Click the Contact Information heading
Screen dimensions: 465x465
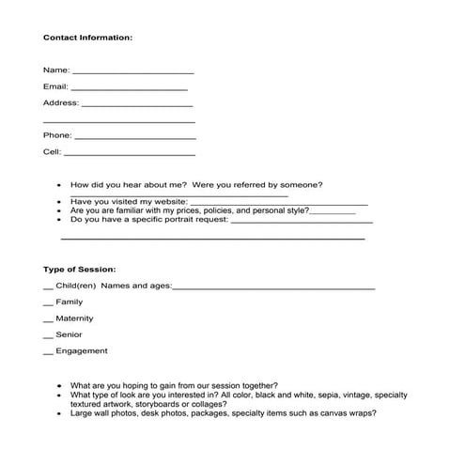87,38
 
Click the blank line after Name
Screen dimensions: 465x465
132,72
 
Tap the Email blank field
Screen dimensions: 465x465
130,89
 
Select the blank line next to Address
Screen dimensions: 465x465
138,105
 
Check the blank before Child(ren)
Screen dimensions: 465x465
48,288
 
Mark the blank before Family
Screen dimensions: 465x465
48,304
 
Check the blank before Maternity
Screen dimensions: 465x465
48,321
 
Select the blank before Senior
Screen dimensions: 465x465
48,337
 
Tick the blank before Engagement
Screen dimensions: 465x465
48,353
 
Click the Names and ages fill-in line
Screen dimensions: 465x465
273,287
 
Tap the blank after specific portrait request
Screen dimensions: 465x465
302,222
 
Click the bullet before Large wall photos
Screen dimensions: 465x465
59,413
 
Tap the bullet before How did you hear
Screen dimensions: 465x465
59,185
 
